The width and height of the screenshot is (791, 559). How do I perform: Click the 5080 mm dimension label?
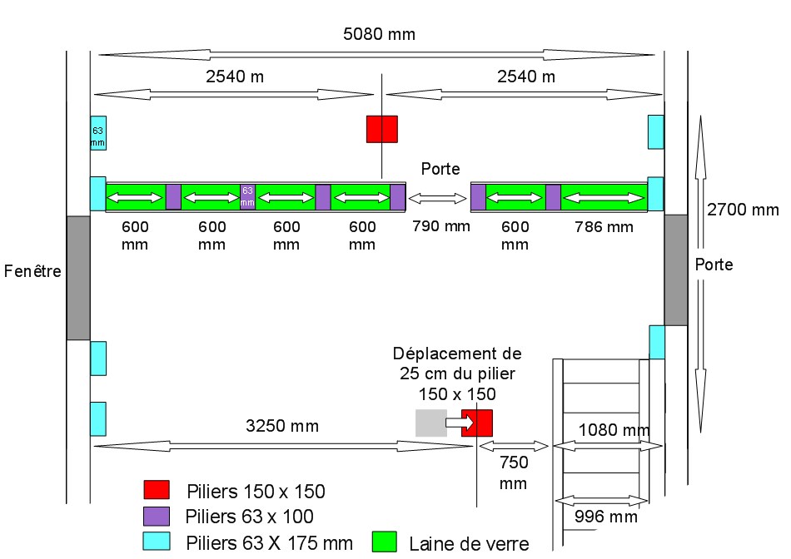pyautogui.click(x=379, y=34)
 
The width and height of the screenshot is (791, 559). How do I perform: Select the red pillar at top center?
pyautogui.click(x=382, y=129)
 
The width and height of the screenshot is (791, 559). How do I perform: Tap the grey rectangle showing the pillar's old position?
pyautogui.click(x=430, y=423)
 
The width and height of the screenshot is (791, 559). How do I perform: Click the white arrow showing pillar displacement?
pyautogui.click(x=458, y=423)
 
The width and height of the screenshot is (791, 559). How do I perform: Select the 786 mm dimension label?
pyautogui.click(x=604, y=225)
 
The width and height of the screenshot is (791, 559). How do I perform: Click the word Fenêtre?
pyautogui.click(x=32, y=271)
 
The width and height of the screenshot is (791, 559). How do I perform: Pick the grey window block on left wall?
pyautogui.click(x=78, y=277)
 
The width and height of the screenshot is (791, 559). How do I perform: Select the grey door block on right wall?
pyautogui.click(x=676, y=269)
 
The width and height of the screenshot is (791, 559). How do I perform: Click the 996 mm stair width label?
pyautogui.click(x=602, y=517)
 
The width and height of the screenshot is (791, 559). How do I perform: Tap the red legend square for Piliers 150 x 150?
pyautogui.click(x=157, y=490)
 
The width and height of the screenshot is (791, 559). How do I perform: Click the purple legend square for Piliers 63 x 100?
pyautogui.click(x=157, y=516)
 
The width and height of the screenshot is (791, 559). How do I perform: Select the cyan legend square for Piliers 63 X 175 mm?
pyautogui.click(x=157, y=542)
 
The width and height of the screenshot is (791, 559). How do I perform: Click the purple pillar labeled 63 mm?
pyautogui.click(x=247, y=196)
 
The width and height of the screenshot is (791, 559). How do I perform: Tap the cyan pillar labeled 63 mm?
pyautogui.click(x=98, y=133)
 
